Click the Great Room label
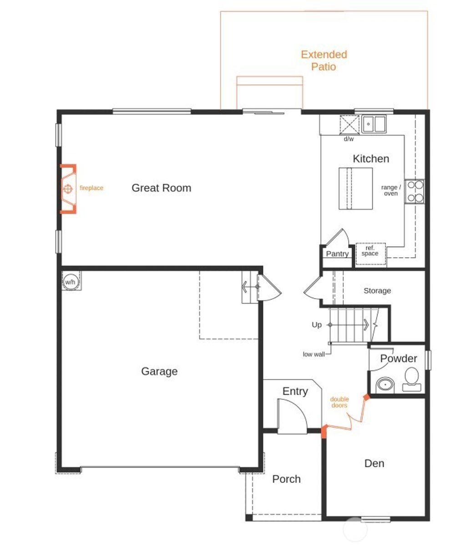pyautogui.click(x=161, y=188)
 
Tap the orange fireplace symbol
pyautogui.click(x=68, y=188)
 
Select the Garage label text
pyautogui.click(x=159, y=371)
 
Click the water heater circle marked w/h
pyautogui.click(x=71, y=281)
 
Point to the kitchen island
pyautogui.click(x=355, y=189)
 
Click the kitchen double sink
pyautogui.click(x=374, y=124)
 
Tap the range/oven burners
pyautogui.click(x=415, y=191)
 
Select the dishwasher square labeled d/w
pyautogui.click(x=349, y=125)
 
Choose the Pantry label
pyautogui.click(x=337, y=254)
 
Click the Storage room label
pyautogui.click(x=377, y=290)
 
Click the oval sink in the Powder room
pyautogui.click(x=386, y=385)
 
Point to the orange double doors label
pyautogui.click(x=339, y=402)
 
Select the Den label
pyautogui.click(x=374, y=463)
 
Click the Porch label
pyautogui.click(x=286, y=479)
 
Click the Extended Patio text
pyautogui.click(x=324, y=60)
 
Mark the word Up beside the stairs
pyautogui.click(x=317, y=325)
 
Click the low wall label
pyautogui.click(x=314, y=354)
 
